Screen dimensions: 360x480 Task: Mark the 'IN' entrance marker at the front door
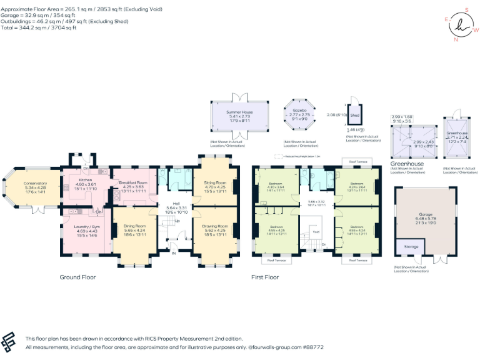(174, 254)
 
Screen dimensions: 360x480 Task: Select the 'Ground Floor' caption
(77, 276)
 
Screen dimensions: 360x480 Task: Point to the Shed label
(354, 116)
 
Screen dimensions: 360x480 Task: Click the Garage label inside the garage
(425, 214)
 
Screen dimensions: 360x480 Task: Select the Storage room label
(411, 247)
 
